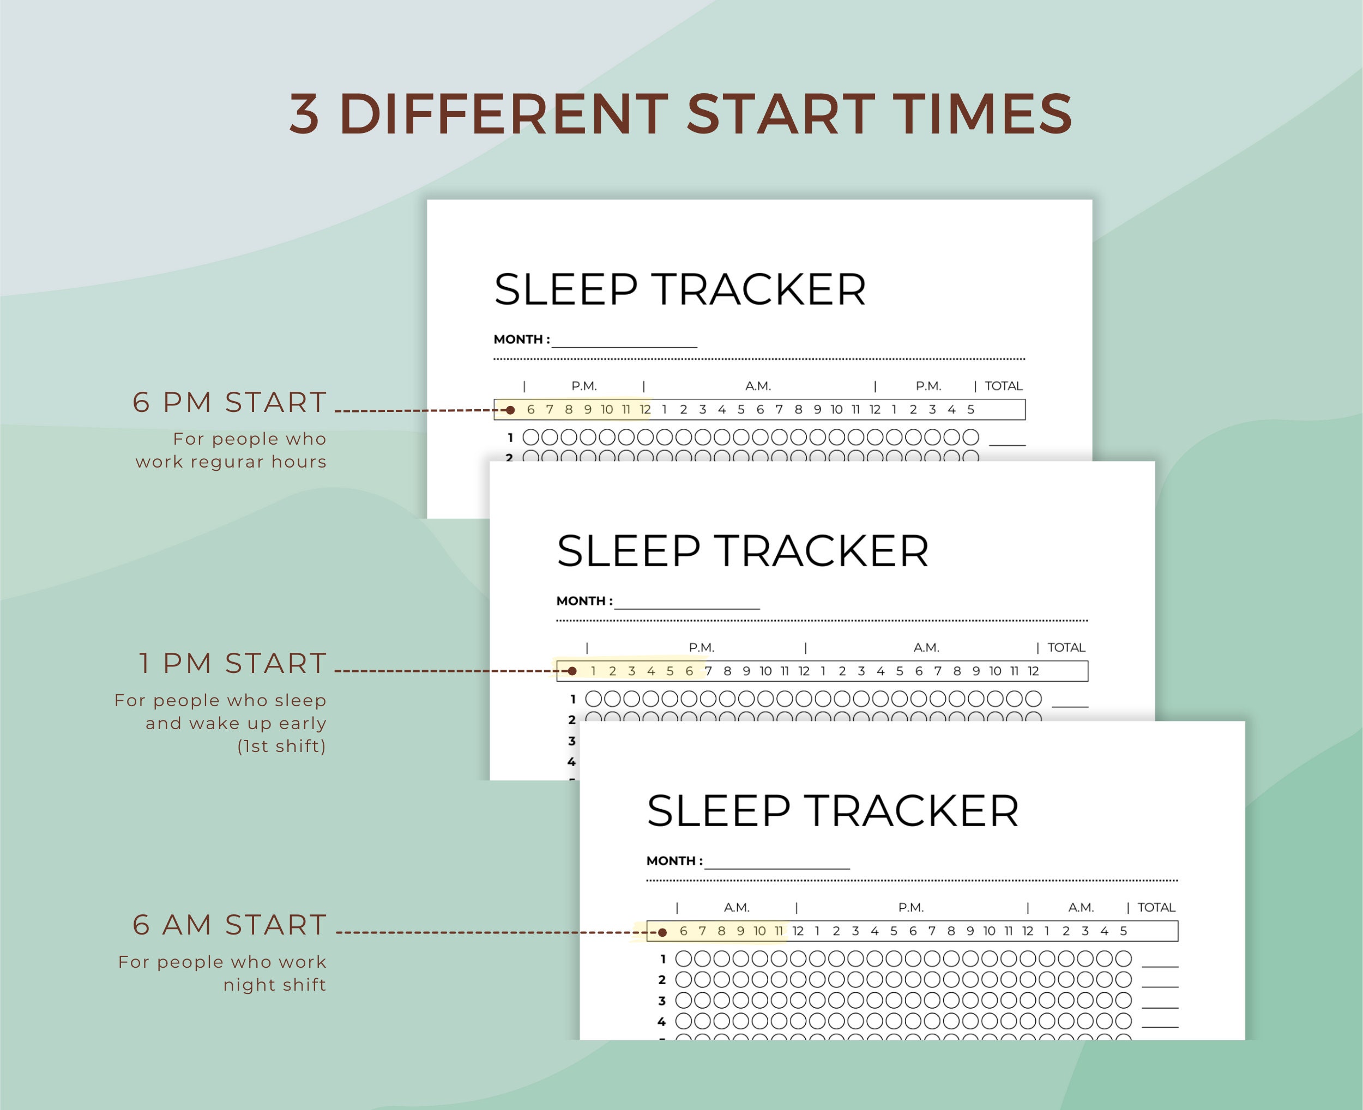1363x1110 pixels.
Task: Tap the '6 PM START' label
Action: point(230,402)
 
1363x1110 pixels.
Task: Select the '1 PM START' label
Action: point(233,663)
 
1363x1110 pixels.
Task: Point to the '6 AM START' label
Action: point(230,925)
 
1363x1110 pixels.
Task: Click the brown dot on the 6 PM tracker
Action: point(510,410)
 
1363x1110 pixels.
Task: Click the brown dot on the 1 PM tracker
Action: point(572,671)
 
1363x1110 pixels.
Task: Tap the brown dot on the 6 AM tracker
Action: point(662,932)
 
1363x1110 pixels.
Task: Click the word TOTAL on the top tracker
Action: point(1003,386)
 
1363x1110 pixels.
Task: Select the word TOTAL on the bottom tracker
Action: point(1156,907)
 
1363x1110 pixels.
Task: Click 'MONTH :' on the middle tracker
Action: point(584,601)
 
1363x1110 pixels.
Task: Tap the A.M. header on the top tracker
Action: point(758,386)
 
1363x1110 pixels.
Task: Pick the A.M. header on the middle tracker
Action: point(926,647)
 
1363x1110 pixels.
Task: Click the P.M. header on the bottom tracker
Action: point(911,907)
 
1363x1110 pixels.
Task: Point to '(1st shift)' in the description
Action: point(281,746)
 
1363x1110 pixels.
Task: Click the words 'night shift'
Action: point(274,985)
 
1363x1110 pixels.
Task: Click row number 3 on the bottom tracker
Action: point(662,1000)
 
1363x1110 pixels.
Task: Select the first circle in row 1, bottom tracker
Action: point(684,959)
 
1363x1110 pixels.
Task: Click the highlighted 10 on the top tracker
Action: point(606,410)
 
